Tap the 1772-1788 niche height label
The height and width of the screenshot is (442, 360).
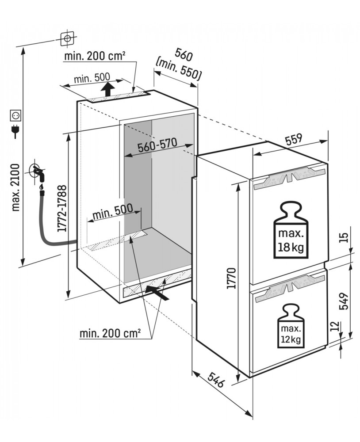pyautogui.click(x=62, y=208)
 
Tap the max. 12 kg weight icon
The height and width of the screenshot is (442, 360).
pyautogui.click(x=290, y=326)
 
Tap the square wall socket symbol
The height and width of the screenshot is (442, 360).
pyautogui.click(x=15, y=116)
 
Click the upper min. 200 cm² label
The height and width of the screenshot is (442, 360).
pyautogui.click(x=95, y=56)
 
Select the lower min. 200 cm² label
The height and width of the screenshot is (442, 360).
pyautogui.click(x=110, y=333)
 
